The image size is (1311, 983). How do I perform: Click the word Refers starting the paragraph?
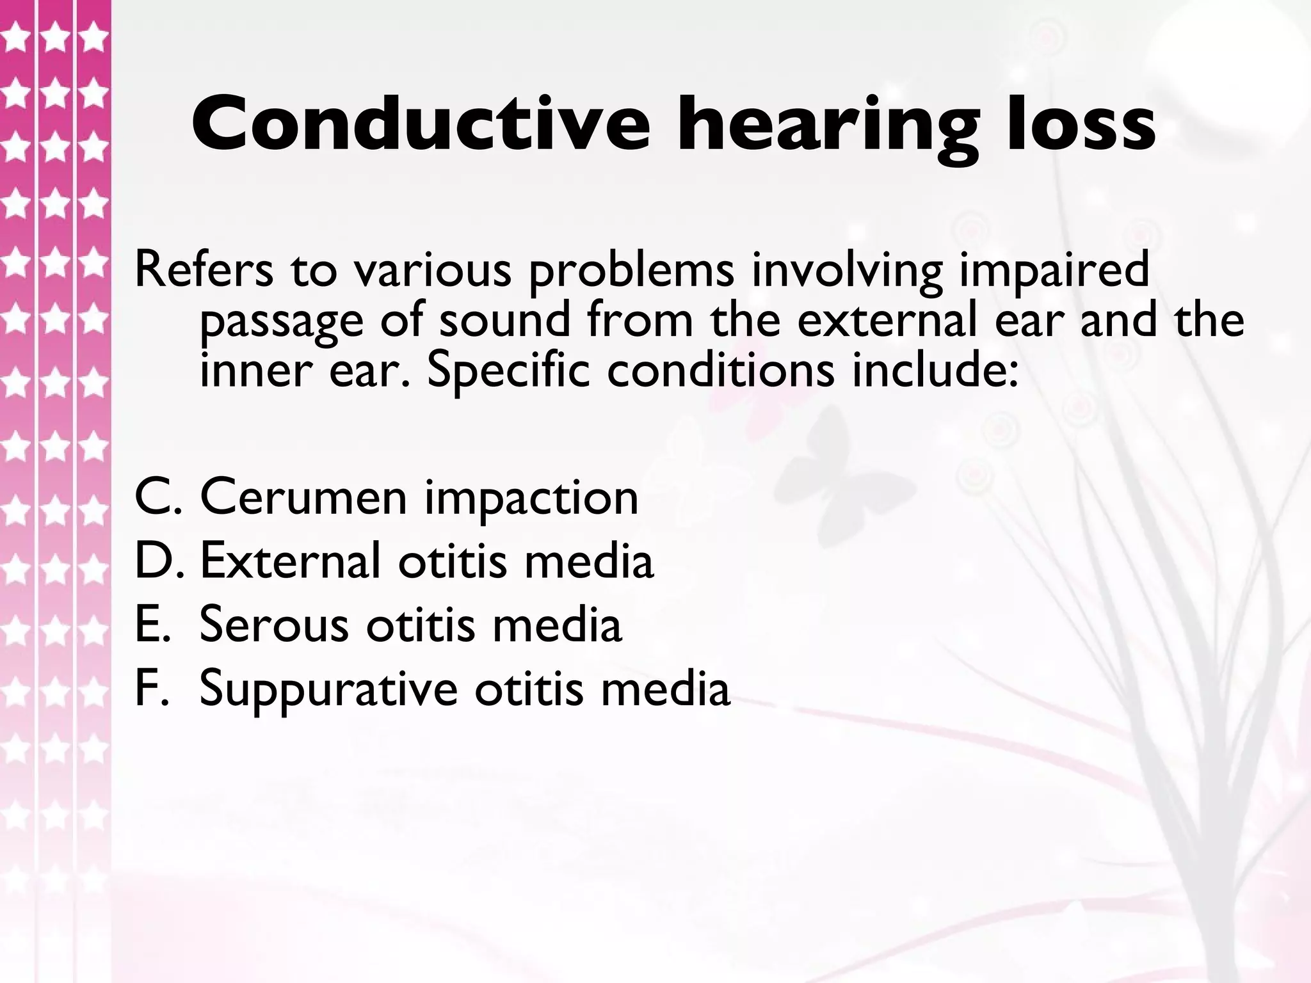(x=203, y=270)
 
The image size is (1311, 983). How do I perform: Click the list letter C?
(x=153, y=498)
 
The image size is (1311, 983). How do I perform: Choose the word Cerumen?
(x=303, y=498)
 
